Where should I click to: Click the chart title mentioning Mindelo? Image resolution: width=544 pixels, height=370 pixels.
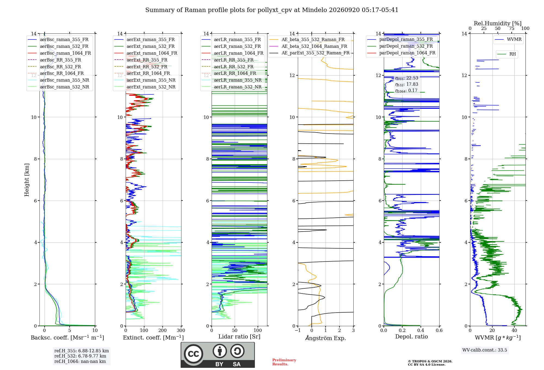pos(272,10)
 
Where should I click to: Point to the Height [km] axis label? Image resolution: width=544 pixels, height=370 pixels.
pos(27,180)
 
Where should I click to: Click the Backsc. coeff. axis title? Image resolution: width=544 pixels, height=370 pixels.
pos(67,337)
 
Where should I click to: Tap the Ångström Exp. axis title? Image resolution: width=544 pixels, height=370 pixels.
pos(326,338)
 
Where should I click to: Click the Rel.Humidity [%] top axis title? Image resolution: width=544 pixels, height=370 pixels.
pos(497,23)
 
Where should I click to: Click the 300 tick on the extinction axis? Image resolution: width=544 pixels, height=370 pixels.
pos(181,330)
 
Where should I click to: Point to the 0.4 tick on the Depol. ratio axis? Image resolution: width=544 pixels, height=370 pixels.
pos(421,330)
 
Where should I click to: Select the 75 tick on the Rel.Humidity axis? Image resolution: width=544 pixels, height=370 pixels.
pos(512,29)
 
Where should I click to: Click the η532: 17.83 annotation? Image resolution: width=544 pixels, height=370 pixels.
pos(407,84)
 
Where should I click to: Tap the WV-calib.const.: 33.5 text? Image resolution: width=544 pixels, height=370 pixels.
pos(485,350)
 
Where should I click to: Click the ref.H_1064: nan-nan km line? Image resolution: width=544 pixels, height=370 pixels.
pos(80,361)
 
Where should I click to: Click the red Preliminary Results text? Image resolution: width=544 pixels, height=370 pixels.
pos(284,362)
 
